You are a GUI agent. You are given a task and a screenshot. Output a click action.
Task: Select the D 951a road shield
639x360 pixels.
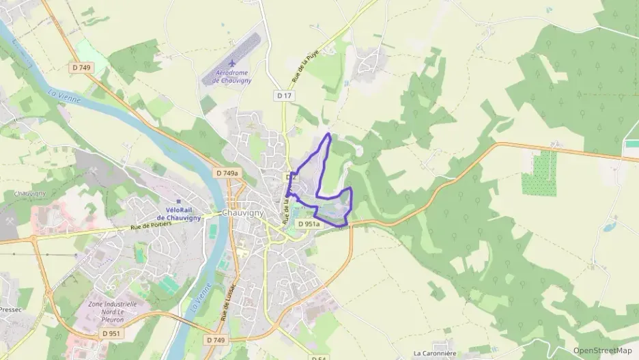(x=309, y=223)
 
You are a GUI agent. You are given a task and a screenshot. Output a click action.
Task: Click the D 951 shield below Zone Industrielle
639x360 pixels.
(x=110, y=333)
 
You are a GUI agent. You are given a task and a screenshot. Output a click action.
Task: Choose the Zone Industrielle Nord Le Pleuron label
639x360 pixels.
(x=112, y=311)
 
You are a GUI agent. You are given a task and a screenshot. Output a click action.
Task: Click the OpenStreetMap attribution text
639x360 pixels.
(x=603, y=350)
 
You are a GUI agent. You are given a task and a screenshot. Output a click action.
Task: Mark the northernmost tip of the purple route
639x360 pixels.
(x=329, y=134)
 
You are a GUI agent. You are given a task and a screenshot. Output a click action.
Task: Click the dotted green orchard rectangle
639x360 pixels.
(x=539, y=174)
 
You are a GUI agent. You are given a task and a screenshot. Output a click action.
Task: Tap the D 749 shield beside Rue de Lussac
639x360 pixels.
(x=214, y=340)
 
